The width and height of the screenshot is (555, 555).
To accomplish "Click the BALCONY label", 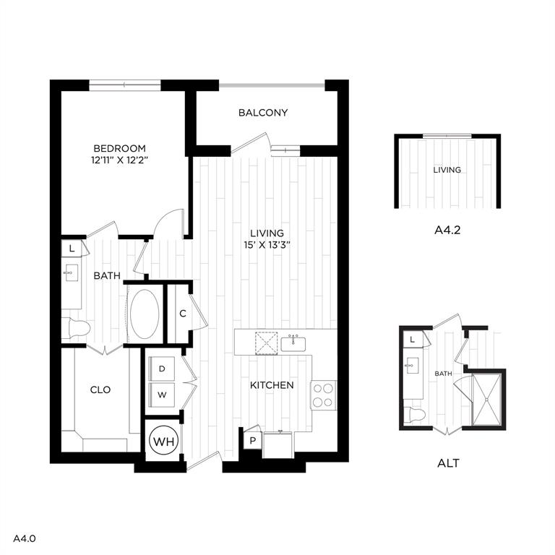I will point(263,113).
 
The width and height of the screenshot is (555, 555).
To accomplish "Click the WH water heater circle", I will point(163,441).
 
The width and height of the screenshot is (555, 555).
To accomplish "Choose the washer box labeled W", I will point(162,395).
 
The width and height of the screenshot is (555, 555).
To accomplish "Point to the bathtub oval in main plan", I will point(145,314).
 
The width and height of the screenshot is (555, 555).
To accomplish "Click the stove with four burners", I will point(323,395).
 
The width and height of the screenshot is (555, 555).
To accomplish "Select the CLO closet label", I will point(100,390).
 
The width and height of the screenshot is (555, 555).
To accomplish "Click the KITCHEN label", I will point(272,385).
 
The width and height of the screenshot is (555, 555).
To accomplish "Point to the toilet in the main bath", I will point(77,327).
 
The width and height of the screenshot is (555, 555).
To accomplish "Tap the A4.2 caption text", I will point(447,231).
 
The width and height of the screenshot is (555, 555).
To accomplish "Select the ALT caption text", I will point(448,462).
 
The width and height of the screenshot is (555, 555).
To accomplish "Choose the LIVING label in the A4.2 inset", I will point(447,171).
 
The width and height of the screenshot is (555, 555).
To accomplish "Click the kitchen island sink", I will point(293,342).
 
